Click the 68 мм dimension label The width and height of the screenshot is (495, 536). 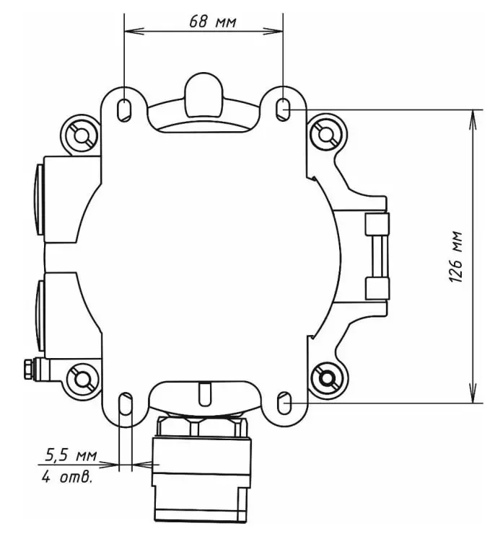[x=213, y=22]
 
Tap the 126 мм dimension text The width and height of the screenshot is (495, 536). [x=455, y=257]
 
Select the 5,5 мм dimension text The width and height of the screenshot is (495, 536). [x=71, y=455]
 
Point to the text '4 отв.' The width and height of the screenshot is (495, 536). [x=67, y=476]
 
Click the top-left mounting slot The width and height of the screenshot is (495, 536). [x=124, y=110]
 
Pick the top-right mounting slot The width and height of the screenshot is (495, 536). [x=283, y=110]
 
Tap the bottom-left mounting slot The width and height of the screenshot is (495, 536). [x=126, y=403]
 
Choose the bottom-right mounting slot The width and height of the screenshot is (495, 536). [x=284, y=403]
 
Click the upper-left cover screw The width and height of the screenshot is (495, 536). [x=81, y=135]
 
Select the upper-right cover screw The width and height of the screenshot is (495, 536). [x=326, y=134]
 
